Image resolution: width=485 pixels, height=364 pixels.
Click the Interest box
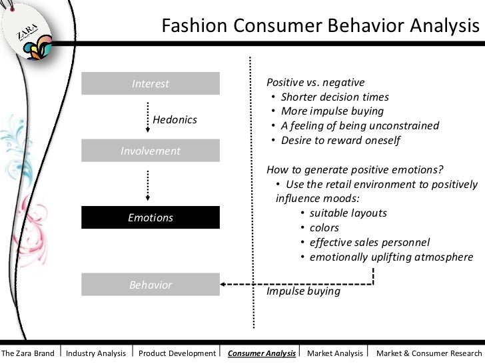pyautogui.click(x=151, y=84)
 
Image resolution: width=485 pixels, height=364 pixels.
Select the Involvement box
pyautogui.click(x=151, y=151)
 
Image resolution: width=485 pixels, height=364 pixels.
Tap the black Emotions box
pyautogui.click(x=151, y=218)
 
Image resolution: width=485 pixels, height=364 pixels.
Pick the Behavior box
pyautogui.click(x=151, y=285)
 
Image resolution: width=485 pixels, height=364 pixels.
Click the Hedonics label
pyautogui.click(x=175, y=120)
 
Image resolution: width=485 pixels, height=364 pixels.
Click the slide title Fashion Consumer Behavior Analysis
pyautogui.click(x=320, y=27)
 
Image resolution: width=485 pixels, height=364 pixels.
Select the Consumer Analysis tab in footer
pyautogui.click(x=262, y=353)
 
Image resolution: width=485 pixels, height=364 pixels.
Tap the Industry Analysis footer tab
pyautogui.click(x=96, y=353)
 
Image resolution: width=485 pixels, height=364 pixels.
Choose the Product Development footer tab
pyautogui.click(x=177, y=353)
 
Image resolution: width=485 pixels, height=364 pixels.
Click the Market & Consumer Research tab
pyautogui.click(x=428, y=353)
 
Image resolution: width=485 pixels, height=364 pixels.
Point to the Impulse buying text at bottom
pyautogui.click(x=303, y=291)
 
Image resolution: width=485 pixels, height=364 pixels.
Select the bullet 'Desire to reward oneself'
pyautogui.click(x=340, y=141)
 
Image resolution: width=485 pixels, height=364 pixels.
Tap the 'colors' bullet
pyautogui.click(x=324, y=228)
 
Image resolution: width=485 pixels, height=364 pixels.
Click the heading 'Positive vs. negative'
pyautogui.click(x=315, y=83)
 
